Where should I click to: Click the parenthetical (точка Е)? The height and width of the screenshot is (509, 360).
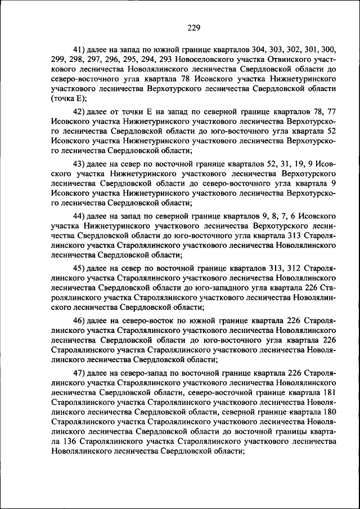pyautogui.click(x=69, y=99)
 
